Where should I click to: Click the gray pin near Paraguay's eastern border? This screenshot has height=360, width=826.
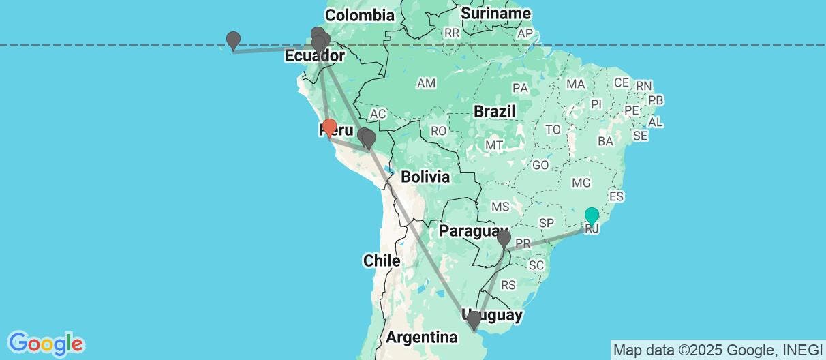pos(504,239)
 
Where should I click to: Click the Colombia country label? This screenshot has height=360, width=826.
pos(360,15)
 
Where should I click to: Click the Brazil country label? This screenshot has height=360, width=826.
pos(495,111)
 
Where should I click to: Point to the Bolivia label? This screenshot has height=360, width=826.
pos(425,177)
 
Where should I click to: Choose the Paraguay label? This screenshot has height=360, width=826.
pos(473,230)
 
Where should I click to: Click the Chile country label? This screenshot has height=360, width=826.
pos(381,260)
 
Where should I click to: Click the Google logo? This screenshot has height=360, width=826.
pos(46,342)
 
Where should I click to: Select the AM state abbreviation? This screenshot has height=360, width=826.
pos(427,83)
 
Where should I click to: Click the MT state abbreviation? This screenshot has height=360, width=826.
pos(494,145)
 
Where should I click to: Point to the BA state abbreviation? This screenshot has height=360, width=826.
pos(605,141)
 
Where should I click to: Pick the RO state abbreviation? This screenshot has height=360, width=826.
pos(438,130)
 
